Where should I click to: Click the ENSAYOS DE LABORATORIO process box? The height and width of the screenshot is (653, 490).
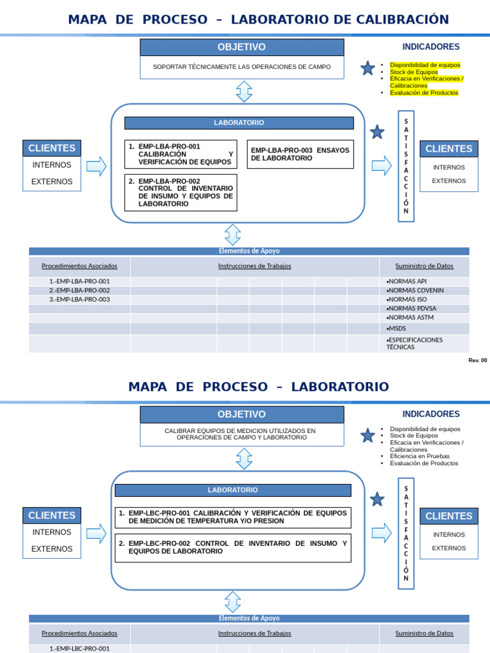click(300, 154)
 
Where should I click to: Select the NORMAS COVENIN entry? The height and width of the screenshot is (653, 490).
click(415, 291)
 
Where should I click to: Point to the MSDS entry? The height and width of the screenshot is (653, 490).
click(397, 328)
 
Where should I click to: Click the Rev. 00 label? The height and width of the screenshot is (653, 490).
click(477, 360)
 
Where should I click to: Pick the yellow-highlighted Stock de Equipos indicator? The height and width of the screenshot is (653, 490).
click(414, 72)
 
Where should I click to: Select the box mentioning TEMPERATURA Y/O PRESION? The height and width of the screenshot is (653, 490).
click(233, 517)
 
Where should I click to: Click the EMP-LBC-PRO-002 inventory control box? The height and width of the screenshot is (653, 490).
click(233, 548)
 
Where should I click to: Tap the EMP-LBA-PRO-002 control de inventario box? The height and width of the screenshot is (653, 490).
click(181, 193)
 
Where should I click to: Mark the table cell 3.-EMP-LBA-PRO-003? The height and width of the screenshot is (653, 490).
click(80, 300)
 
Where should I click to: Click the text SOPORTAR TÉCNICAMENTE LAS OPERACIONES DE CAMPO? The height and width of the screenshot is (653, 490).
click(242, 67)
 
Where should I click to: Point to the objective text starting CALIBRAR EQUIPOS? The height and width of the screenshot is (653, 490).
click(240, 434)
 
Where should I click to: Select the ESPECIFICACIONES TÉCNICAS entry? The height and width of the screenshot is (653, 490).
click(415, 344)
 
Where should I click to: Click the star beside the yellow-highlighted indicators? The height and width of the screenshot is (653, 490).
click(367, 68)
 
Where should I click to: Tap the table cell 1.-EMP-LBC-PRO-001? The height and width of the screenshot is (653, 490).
click(80, 649)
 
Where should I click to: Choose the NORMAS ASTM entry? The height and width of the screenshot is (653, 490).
click(412, 318)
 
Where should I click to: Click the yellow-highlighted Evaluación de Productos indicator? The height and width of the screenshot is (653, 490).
click(424, 92)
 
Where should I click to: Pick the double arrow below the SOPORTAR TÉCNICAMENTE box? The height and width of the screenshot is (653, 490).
click(244, 91)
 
